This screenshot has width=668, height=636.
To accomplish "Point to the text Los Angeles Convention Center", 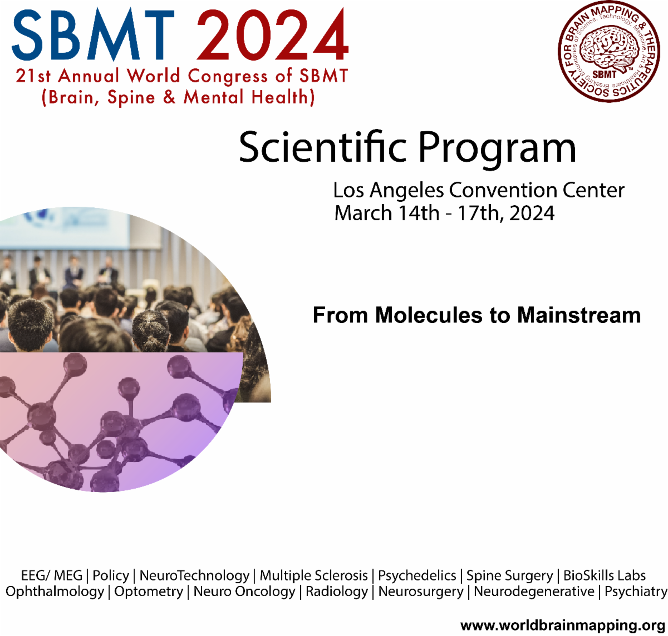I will [479, 190].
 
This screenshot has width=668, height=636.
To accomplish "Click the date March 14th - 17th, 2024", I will [444, 213].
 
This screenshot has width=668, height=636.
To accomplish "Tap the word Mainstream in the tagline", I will [579, 315].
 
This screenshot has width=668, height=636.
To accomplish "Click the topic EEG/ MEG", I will [51, 575].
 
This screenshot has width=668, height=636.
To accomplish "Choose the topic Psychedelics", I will [417, 575].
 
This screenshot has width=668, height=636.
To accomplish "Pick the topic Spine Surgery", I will [509, 576].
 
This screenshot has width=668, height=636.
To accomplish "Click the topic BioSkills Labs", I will [605, 575].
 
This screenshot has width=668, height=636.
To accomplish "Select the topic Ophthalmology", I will [55, 592].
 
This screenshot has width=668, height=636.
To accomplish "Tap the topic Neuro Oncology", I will [244, 592].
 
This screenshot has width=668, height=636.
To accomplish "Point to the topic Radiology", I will [337, 592].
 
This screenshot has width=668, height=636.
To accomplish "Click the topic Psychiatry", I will [636, 592].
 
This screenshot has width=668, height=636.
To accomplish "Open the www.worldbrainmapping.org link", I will [563, 625].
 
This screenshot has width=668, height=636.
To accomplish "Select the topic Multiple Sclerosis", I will [314, 575].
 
